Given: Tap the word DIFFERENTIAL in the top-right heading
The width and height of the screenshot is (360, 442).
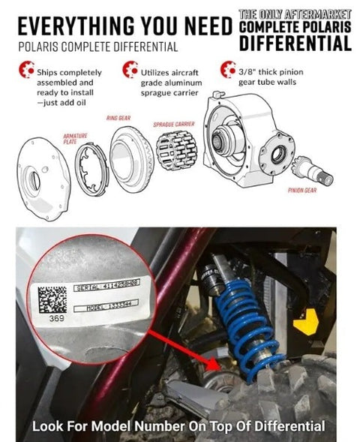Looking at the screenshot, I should tap(295, 43).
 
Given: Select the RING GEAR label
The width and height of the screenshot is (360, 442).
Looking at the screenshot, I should tap(118, 119).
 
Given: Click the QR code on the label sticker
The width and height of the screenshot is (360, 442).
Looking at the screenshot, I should tap(52, 296).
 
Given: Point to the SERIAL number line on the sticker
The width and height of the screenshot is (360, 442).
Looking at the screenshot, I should tap(107, 288).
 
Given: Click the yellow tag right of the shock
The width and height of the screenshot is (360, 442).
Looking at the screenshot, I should tap(303, 326).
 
